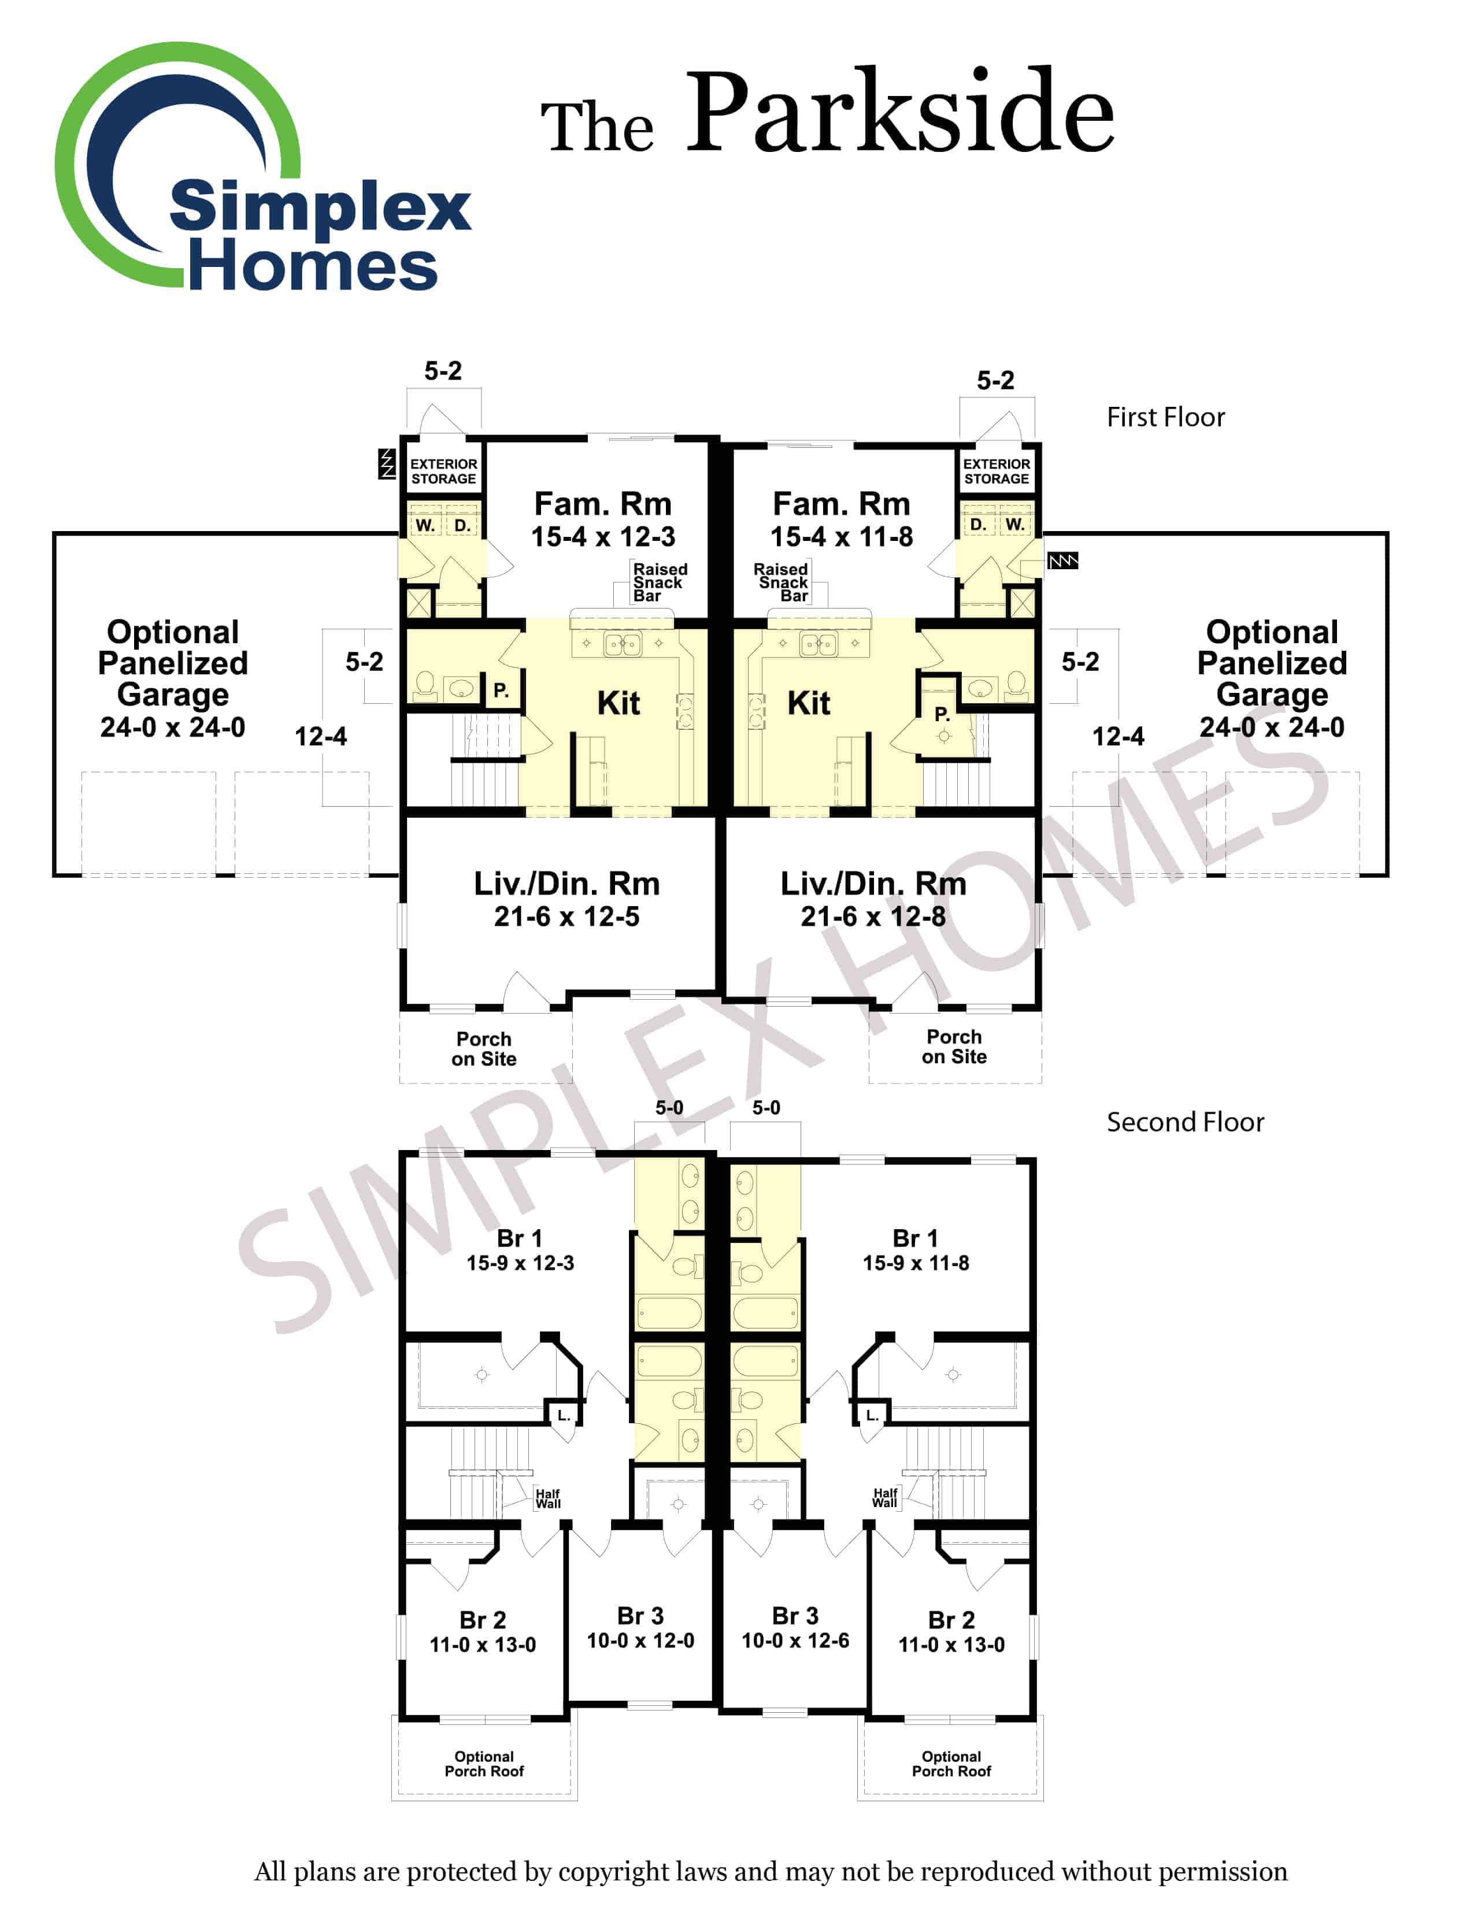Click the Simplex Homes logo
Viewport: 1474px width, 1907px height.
262,170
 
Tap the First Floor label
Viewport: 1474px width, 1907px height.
1165,417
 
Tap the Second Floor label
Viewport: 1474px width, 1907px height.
1185,1122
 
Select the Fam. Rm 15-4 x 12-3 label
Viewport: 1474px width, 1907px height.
602,520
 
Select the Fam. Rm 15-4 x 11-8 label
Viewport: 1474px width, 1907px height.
841,520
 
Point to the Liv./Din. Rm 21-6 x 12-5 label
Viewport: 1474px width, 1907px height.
566,899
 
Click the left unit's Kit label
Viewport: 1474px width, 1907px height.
619,703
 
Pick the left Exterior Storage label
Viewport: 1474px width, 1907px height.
443,472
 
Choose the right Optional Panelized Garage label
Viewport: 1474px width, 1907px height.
1272,678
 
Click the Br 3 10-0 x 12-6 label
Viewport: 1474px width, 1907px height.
795,1628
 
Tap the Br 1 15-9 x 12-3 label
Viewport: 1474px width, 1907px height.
520,1251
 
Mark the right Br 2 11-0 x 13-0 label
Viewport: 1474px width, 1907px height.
951,1632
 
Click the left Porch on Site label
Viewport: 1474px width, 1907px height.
484,1049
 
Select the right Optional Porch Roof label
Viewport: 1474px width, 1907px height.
951,1764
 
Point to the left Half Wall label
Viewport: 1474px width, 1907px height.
547,1498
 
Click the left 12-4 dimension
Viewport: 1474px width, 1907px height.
320,737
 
